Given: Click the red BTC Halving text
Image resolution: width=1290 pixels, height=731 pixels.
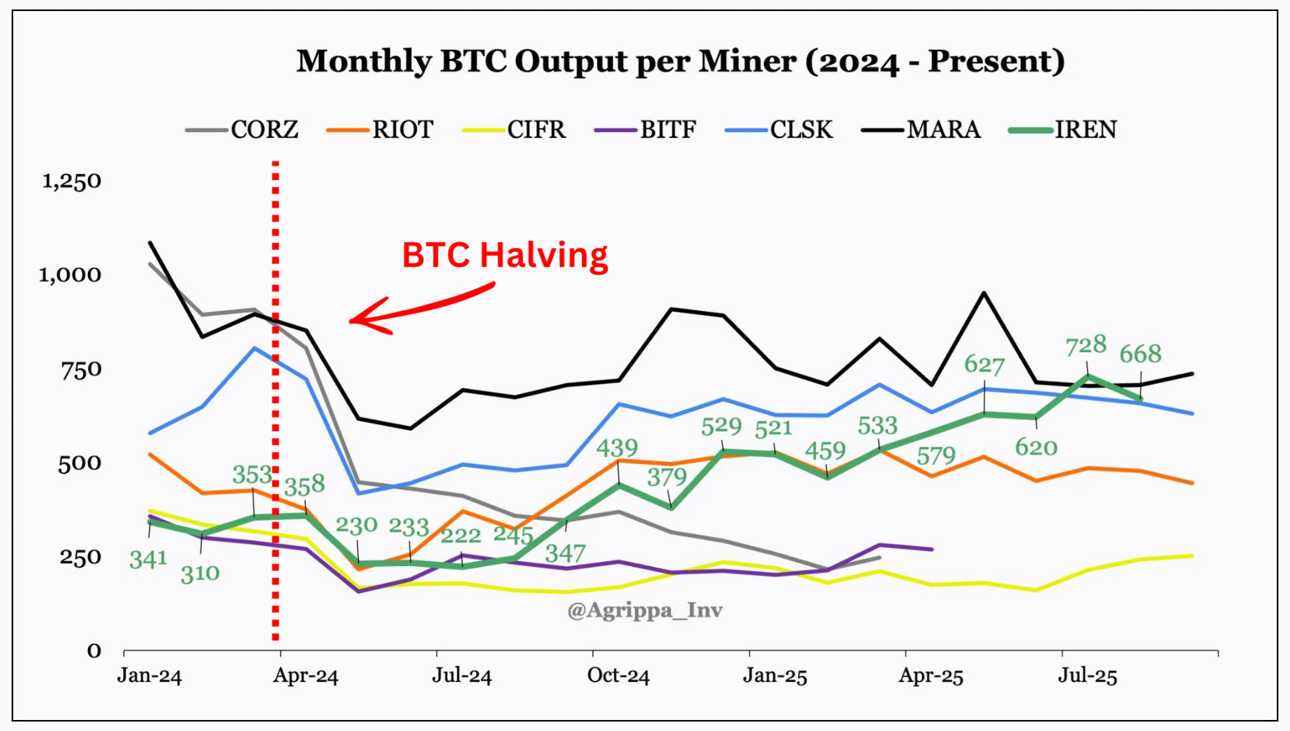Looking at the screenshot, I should (x=504, y=255).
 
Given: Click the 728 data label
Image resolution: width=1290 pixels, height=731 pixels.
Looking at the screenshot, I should (x=1085, y=345).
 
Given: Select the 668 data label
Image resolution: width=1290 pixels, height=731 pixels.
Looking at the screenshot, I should (x=1140, y=354).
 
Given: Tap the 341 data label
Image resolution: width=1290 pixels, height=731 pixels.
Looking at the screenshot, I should (x=148, y=559).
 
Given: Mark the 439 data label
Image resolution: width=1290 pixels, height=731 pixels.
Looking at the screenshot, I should (x=616, y=448).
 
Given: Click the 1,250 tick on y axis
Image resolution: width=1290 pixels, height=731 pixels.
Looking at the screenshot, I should (x=72, y=181).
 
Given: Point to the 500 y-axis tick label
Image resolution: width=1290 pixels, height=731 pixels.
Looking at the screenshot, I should (x=79, y=463).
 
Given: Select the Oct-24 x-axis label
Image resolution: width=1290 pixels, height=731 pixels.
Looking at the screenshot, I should (x=618, y=676).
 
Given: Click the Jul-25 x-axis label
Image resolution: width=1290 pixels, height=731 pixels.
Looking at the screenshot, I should (x=1087, y=676).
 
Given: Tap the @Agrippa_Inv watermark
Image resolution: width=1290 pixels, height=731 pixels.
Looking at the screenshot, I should (x=645, y=610).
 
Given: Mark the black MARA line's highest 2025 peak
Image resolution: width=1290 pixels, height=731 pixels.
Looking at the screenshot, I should (x=984, y=293).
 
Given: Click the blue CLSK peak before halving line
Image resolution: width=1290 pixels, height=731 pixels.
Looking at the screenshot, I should (x=255, y=348).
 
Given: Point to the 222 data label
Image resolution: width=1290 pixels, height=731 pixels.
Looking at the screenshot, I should (x=460, y=536).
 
